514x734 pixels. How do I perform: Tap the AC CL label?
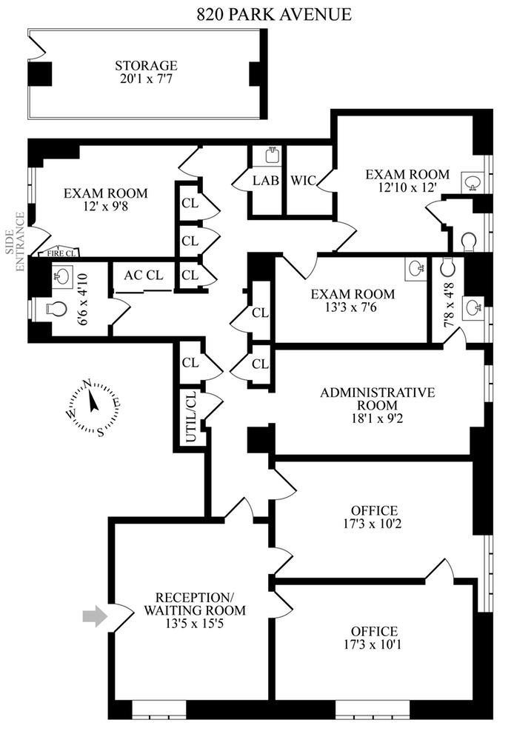(x=143, y=276)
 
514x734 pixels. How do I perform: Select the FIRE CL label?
(x=63, y=252)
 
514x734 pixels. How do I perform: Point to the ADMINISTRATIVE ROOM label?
(x=368, y=398)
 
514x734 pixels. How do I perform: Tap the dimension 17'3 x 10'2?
(x=375, y=525)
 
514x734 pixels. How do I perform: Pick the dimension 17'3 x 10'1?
(x=375, y=646)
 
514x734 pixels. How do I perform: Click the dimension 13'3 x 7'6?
(x=352, y=309)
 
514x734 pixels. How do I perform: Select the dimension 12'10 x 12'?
(x=406, y=188)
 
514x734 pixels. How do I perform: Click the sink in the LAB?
(x=272, y=156)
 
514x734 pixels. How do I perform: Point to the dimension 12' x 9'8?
(x=105, y=208)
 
